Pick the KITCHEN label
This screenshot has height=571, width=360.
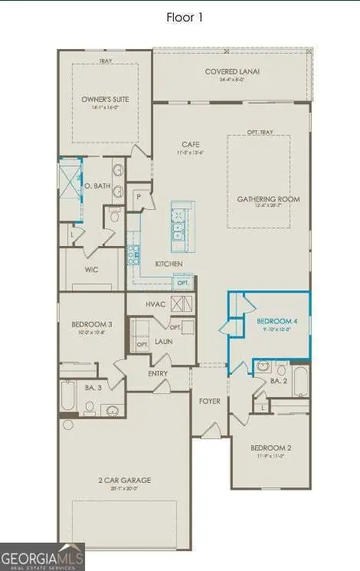[x=168, y=264]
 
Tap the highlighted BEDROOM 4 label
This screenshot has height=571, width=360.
[x=274, y=320]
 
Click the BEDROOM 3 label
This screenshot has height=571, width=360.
[x=86, y=325]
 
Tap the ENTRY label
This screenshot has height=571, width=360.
[x=159, y=373]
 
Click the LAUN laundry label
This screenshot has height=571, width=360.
[x=162, y=342]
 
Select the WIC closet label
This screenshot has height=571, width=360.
[x=91, y=270]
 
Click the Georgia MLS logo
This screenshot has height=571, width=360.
[x=42, y=555]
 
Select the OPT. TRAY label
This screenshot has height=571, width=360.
[x=257, y=131]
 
